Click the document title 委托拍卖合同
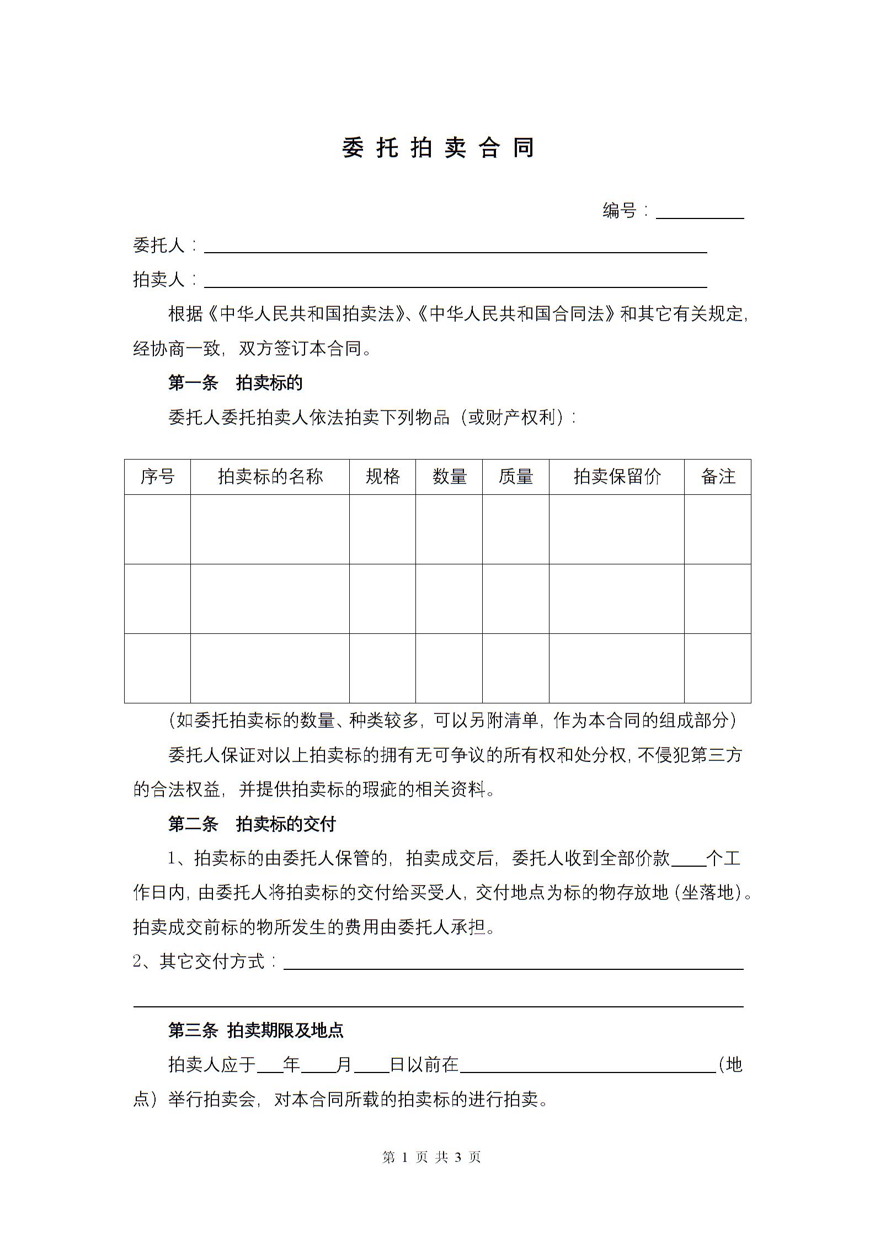(437, 148)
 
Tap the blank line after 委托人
(455, 248)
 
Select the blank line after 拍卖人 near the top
(455, 282)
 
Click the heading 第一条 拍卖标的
(235, 383)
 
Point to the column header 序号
(157, 477)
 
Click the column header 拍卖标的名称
(270, 477)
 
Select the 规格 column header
(382, 477)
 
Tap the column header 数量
(449, 477)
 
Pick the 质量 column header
(516, 477)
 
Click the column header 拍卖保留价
(617, 477)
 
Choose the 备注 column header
(718, 477)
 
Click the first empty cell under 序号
(157, 529)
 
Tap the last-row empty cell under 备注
(718, 668)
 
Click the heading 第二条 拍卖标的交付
(252, 824)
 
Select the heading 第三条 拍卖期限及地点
(255, 1030)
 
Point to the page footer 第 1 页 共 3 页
(431, 1157)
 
